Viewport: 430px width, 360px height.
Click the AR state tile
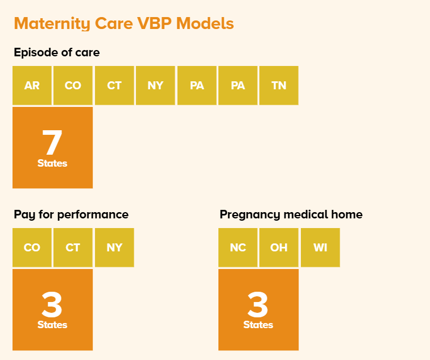pyautogui.click(x=32, y=85)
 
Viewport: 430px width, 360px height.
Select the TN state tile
pyautogui.click(x=279, y=85)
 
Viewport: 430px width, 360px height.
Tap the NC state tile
pyautogui.click(x=238, y=247)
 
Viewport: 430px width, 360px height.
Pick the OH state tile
pyautogui.click(x=279, y=247)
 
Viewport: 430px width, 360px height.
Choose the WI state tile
pyautogui.click(x=320, y=247)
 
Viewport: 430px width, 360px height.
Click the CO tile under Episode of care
pyautogui.click(x=73, y=85)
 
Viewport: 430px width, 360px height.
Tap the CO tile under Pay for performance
pyautogui.click(x=32, y=247)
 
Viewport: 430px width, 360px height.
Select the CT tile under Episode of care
pyautogui.click(x=114, y=85)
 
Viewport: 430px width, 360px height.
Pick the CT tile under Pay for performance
pyautogui.click(x=73, y=247)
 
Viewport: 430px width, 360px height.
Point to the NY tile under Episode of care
pyautogui.click(x=155, y=85)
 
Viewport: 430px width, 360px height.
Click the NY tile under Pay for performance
pyautogui.click(x=114, y=247)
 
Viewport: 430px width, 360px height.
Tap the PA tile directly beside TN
pyautogui.click(x=238, y=85)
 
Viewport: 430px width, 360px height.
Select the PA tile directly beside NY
pyautogui.click(x=197, y=85)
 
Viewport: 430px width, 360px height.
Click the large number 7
pyautogui.click(x=52, y=142)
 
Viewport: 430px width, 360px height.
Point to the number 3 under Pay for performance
pyautogui.click(x=52, y=304)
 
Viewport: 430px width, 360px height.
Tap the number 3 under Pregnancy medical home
pyautogui.click(x=258, y=304)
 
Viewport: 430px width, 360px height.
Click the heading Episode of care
pyautogui.click(x=57, y=53)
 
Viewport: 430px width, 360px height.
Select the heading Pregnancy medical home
pyautogui.click(x=291, y=214)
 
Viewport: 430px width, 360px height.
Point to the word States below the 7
pyautogui.click(x=52, y=163)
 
